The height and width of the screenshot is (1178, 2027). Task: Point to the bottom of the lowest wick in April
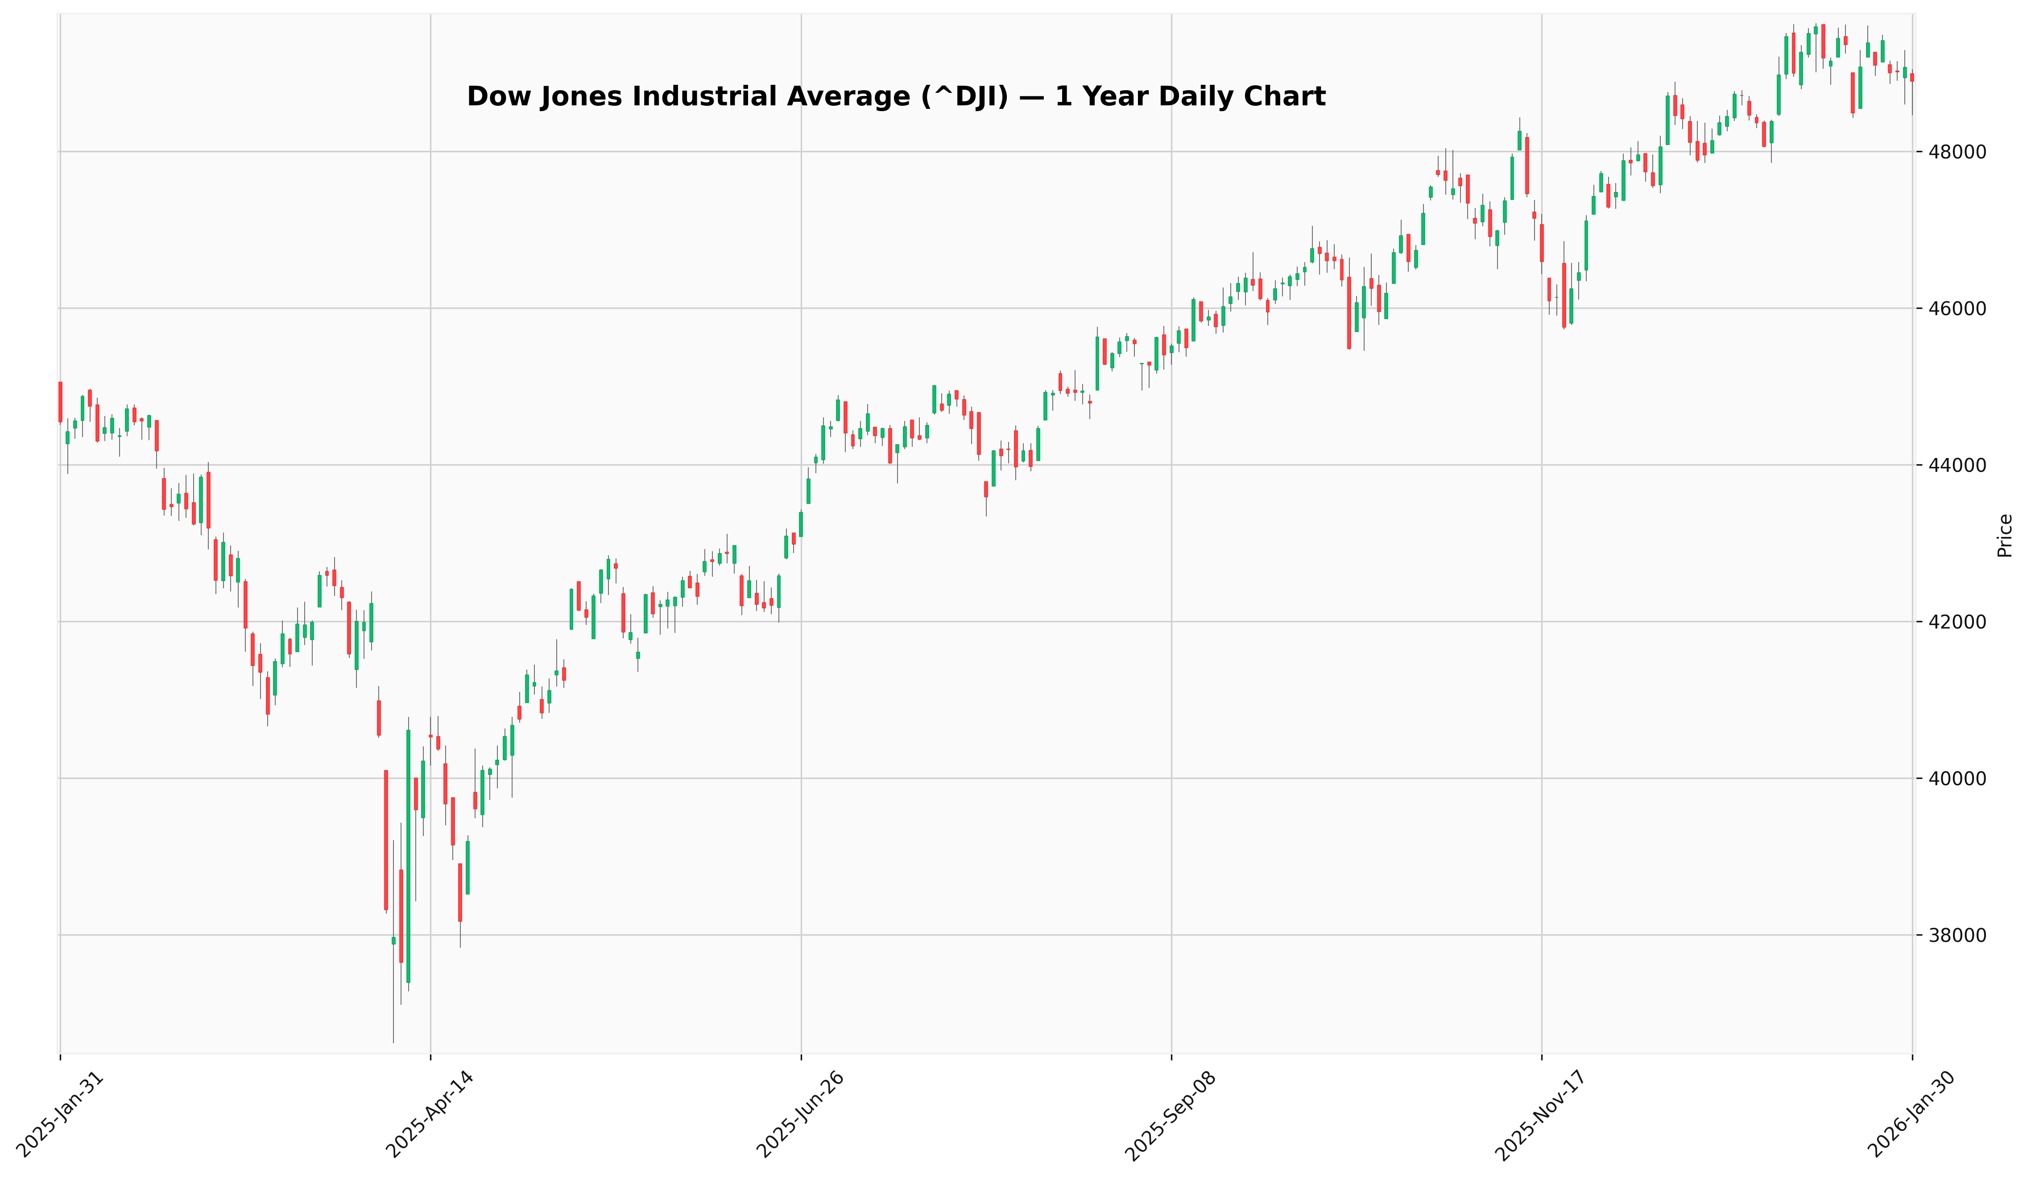pos(393,1042)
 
